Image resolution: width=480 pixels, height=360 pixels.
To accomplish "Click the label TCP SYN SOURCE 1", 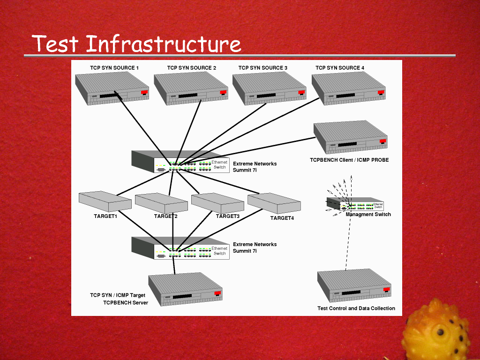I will click(x=114, y=68).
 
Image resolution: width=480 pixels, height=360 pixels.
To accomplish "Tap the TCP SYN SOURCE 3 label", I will click(x=263, y=68).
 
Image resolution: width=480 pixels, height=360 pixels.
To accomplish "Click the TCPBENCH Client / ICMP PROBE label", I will click(x=349, y=160).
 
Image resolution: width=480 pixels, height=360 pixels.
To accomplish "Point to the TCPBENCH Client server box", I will click(x=351, y=137).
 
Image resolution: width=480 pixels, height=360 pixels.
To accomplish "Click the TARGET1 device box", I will click(x=105, y=201).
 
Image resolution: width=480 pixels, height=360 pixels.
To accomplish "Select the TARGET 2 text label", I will click(x=166, y=216).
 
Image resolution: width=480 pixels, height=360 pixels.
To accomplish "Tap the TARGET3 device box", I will click(x=217, y=202).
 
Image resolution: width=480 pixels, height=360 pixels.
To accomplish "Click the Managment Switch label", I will click(x=368, y=214).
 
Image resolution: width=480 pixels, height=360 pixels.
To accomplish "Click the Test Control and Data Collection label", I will click(x=356, y=308).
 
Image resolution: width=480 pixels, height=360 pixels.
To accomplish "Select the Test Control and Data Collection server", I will click(x=354, y=286).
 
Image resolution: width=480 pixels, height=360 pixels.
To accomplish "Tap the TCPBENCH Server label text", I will click(x=126, y=302).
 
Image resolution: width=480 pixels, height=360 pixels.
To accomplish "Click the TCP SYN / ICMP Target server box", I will click(x=186, y=289).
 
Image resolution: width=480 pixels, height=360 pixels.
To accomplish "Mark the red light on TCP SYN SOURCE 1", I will click(x=144, y=92).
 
